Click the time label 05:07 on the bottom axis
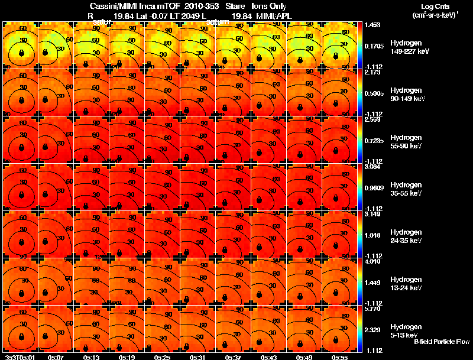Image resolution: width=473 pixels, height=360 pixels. coord(56,357)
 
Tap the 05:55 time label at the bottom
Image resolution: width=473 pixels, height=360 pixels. coord(340,357)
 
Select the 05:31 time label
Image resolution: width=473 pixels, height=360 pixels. coord(198,357)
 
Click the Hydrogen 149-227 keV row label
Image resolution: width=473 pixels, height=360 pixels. coord(405,47)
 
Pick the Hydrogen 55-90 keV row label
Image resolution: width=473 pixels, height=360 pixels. coord(405,142)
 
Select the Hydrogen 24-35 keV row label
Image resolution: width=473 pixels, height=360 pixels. coord(405,236)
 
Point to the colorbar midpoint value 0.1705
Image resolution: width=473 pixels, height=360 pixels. coord(375,45)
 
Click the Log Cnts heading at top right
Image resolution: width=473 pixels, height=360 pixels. coord(434,5)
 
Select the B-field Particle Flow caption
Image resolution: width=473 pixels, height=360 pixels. coord(441,342)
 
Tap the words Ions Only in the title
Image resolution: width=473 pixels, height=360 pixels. coord(269,6)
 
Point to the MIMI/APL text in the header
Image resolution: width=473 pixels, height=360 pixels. coord(289,16)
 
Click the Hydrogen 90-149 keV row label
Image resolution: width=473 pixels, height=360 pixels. coord(405,95)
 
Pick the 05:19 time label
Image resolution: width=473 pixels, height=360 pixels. coord(127,357)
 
